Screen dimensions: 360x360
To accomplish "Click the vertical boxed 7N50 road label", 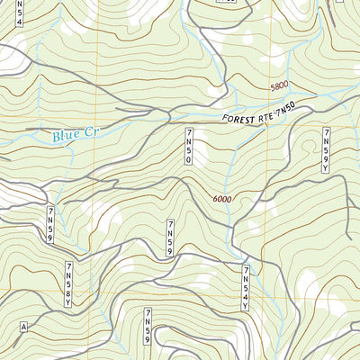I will point(190,147).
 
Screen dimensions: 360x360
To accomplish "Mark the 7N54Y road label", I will point(245,287).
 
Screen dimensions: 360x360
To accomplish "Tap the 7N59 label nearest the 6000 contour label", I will point(169,238).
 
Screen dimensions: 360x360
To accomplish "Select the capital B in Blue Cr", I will point(57,137).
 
